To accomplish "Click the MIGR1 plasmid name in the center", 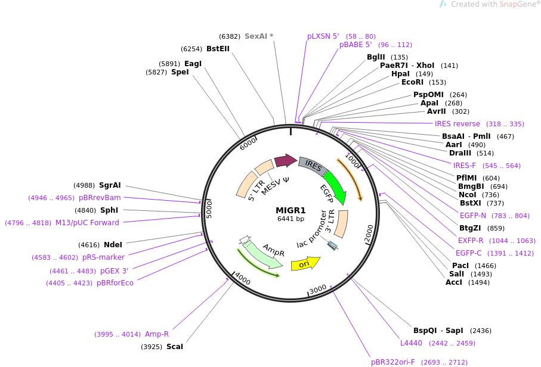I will click(x=290, y=210).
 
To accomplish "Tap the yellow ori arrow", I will click(x=305, y=263).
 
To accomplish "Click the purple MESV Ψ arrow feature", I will click(x=285, y=161).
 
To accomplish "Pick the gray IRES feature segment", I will click(x=312, y=165).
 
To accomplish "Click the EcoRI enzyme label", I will click(x=412, y=82).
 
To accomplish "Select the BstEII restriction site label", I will click(x=218, y=49).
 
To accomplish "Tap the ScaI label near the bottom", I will click(x=175, y=346).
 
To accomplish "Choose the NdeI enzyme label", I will click(x=113, y=244).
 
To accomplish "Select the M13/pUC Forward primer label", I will click(x=87, y=223).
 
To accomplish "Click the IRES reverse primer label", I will click(x=457, y=124).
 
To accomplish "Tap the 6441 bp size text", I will click(x=290, y=219).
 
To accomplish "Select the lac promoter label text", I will click(x=314, y=230).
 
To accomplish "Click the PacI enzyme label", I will click(x=460, y=265).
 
